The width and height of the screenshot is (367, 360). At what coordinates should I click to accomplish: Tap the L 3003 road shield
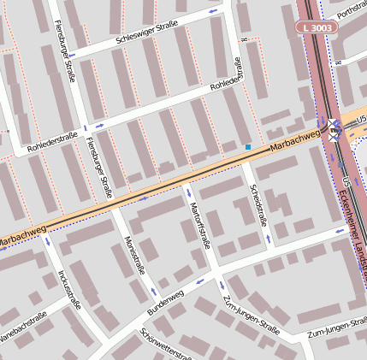(x=317, y=27)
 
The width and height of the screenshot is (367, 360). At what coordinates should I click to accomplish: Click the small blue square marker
(x=248, y=147)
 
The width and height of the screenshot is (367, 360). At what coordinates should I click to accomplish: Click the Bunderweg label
(x=165, y=301)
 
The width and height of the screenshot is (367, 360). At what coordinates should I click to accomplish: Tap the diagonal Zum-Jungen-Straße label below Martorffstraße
(x=251, y=315)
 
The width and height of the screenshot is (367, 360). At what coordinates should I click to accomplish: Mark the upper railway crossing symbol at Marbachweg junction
(x=332, y=126)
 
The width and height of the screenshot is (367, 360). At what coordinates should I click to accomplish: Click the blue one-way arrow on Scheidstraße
(x=267, y=239)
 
